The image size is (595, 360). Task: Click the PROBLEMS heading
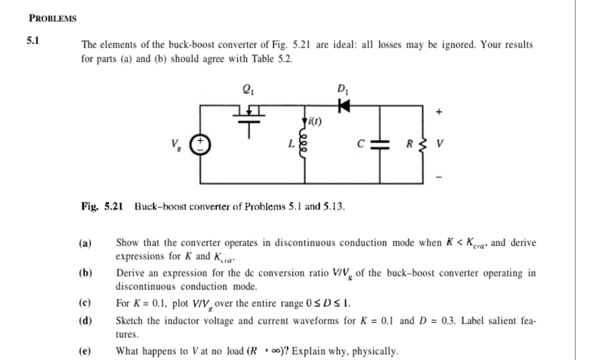click(53, 19)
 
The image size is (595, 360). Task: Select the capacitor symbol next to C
click(380, 143)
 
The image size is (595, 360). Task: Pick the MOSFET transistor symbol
click(250, 117)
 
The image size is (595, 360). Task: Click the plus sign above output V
click(439, 110)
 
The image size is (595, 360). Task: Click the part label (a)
click(85, 243)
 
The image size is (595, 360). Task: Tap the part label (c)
click(85, 304)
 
